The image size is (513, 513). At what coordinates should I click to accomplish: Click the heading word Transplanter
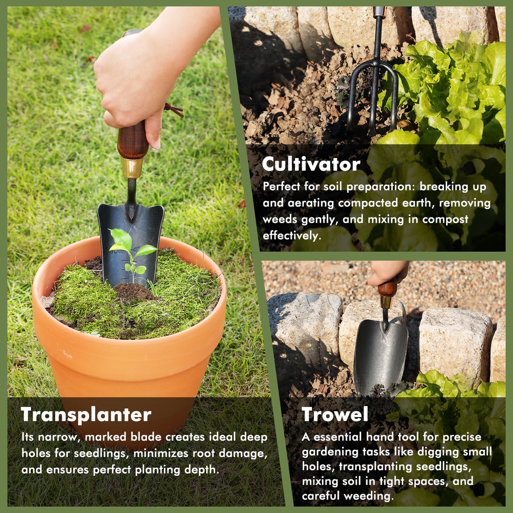(86, 415)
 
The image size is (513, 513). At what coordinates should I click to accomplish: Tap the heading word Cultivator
(311, 164)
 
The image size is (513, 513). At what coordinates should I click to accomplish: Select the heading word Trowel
(335, 414)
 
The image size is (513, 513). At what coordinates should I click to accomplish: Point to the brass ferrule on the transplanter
(132, 168)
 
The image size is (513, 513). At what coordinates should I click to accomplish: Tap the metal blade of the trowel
(380, 355)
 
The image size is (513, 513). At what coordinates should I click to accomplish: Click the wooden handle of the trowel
(387, 289)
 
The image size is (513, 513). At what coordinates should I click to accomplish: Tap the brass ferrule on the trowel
(386, 303)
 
